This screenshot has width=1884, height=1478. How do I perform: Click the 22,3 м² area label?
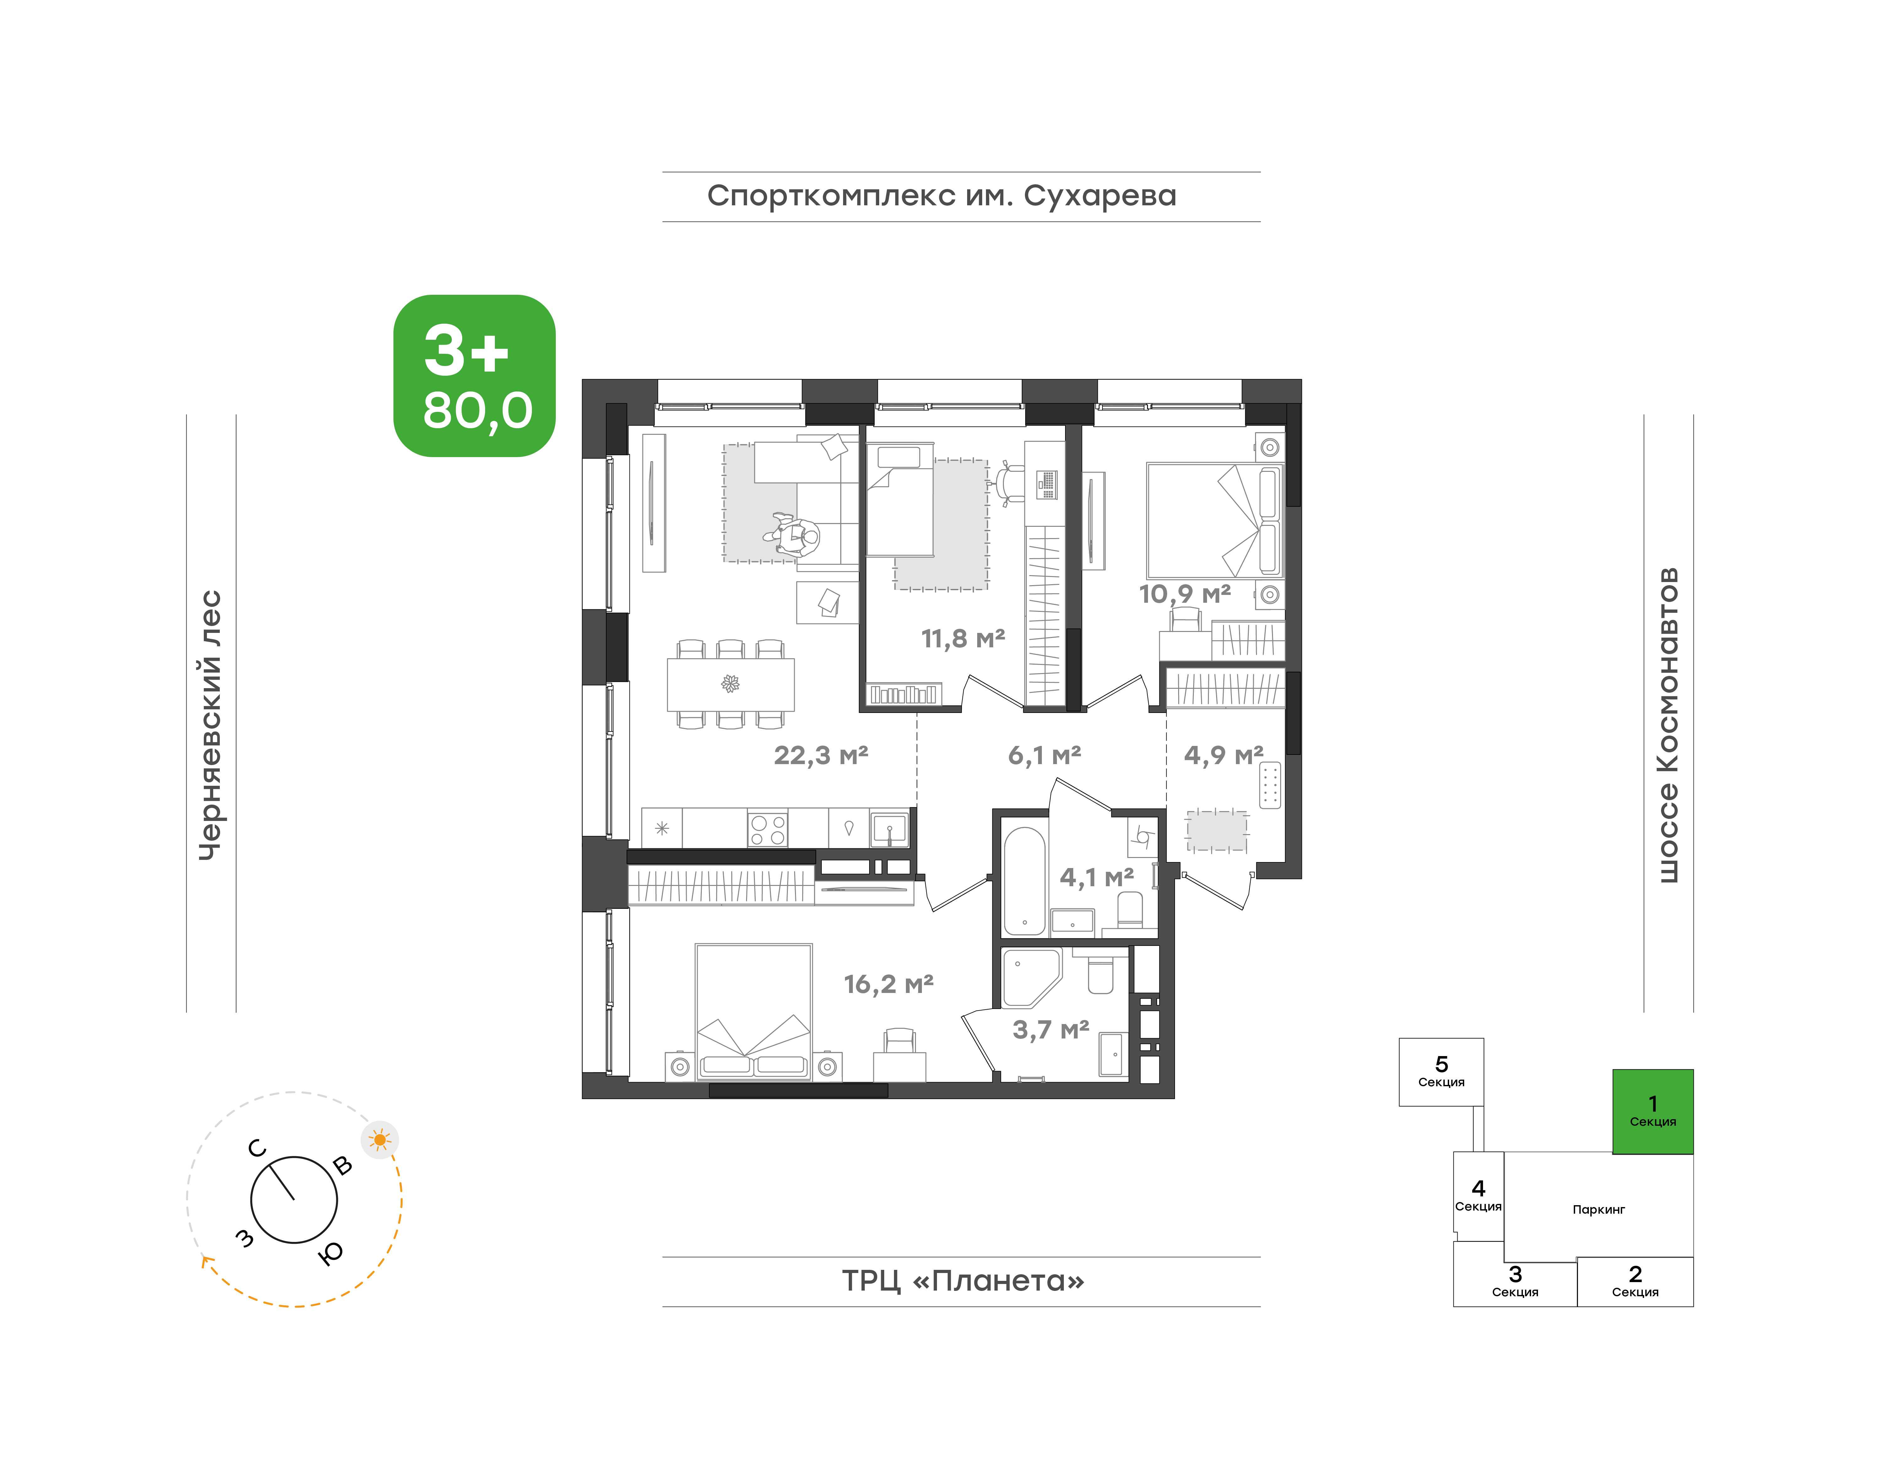pyautogui.click(x=820, y=755)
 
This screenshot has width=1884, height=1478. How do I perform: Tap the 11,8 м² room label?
pyautogui.click(x=962, y=639)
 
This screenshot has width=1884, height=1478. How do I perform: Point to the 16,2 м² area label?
pyautogui.click(x=889, y=984)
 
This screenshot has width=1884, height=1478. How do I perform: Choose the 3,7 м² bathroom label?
pyautogui.click(x=1051, y=1030)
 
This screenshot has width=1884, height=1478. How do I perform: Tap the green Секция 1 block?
pyautogui.click(x=1652, y=1111)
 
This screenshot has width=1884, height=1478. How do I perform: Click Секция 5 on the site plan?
pyautogui.click(x=1441, y=1071)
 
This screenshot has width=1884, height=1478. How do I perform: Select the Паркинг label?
pyautogui.click(x=1598, y=1209)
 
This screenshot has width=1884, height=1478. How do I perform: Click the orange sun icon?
pyautogui.click(x=379, y=1140)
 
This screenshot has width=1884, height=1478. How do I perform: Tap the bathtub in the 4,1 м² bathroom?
pyautogui.click(x=1025, y=881)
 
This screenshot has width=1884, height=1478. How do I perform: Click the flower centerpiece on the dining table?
pyautogui.click(x=730, y=684)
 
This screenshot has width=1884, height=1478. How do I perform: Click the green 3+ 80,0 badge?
pyautogui.click(x=474, y=375)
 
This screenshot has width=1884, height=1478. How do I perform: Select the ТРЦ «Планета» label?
pyautogui.click(x=962, y=1281)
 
